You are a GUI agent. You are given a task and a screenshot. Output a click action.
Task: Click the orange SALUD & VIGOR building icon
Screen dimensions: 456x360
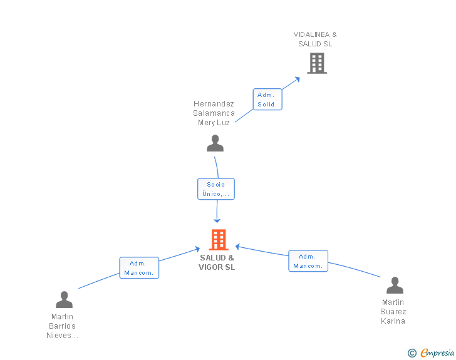(x=219, y=240)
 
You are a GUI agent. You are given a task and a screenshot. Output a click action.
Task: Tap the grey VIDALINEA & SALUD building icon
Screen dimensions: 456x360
(x=317, y=63)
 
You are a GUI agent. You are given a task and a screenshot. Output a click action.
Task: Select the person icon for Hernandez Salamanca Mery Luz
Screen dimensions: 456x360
(x=215, y=143)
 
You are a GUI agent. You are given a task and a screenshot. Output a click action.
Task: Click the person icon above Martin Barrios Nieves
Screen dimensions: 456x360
(x=65, y=299)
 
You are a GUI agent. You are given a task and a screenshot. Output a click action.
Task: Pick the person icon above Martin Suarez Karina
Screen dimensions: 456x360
(x=395, y=285)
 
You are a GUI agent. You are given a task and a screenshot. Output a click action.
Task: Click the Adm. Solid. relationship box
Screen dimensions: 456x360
(x=267, y=100)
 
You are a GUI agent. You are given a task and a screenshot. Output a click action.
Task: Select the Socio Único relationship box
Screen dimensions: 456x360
(x=216, y=189)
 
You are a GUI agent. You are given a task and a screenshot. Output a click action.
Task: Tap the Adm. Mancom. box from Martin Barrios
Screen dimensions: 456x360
(x=139, y=268)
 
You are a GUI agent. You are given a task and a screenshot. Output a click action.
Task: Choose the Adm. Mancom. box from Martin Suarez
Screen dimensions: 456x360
(x=308, y=261)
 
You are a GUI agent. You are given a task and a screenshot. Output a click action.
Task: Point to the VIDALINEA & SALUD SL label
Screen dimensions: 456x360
(x=315, y=39)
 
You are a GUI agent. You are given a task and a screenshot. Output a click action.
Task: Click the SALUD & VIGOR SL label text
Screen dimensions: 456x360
(x=217, y=262)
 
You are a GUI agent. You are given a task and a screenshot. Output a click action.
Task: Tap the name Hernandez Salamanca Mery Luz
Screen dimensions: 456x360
(x=214, y=113)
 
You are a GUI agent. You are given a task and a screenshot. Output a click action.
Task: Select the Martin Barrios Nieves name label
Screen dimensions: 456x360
(x=62, y=326)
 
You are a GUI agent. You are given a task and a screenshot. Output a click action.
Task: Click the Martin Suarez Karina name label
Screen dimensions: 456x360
(x=393, y=311)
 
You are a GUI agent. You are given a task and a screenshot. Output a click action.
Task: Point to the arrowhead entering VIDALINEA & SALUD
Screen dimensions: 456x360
(x=297, y=80)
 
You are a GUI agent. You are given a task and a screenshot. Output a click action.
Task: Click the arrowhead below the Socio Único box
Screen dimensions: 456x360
(x=217, y=221)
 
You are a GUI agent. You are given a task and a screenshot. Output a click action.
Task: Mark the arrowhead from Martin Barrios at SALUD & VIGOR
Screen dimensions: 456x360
(x=197, y=249)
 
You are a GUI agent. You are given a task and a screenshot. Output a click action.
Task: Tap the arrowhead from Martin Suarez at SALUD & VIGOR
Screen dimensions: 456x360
(x=237, y=247)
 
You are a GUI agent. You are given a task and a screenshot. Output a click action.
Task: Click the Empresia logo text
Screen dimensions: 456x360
(x=437, y=352)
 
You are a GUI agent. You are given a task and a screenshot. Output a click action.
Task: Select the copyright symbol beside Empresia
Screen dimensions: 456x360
(x=412, y=353)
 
